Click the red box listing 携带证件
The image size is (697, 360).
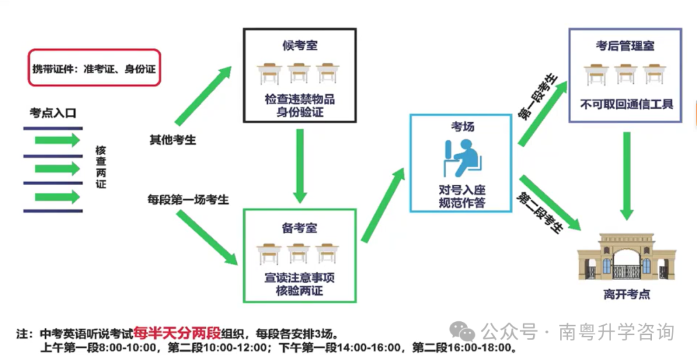(x=94, y=68)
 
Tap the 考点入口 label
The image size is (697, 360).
(x=53, y=113)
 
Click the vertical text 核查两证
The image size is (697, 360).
(x=101, y=167)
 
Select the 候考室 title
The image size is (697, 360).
(x=299, y=45)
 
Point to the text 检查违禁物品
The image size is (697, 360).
(x=299, y=99)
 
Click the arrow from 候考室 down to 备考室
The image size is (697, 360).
(x=300, y=166)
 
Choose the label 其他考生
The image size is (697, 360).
(x=172, y=140)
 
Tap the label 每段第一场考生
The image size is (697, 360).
(x=188, y=199)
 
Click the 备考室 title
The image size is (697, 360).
(x=299, y=228)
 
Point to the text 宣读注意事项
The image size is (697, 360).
(x=299, y=278)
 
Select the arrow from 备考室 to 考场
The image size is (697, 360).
(x=383, y=205)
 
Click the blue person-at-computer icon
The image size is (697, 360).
(x=462, y=158)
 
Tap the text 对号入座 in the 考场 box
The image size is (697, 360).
(x=462, y=190)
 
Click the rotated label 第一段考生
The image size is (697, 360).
(x=538, y=97)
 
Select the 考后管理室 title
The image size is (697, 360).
(x=625, y=46)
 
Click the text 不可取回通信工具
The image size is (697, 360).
(x=626, y=105)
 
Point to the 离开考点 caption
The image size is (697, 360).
(x=627, y=294)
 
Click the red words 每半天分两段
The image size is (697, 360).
(x=177, y=333)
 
